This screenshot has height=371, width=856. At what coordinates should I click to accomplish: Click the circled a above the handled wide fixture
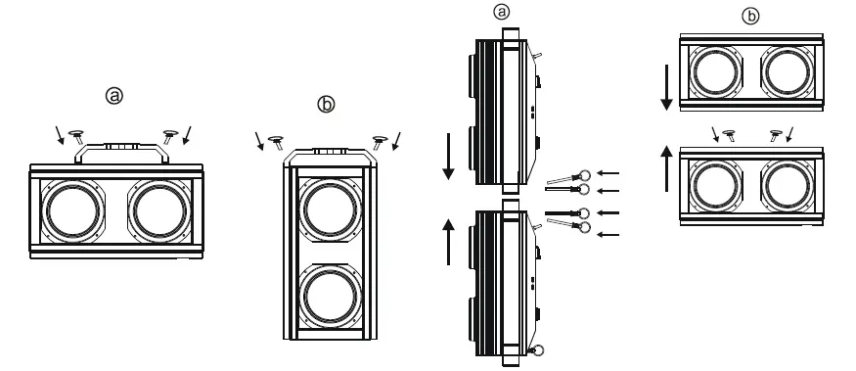pyautogui.click(x=115, y=96)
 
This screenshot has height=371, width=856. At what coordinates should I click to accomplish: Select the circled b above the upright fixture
pyautogui.click(x=327, y=102)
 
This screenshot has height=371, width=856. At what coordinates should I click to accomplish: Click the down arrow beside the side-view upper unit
pyautogui.click(x=449, y=157)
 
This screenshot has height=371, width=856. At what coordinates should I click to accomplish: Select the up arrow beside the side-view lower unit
pyautogui.click(x=449, y=239)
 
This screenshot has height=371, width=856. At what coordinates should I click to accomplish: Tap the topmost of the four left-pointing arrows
pyautogui.click(x=608, y=172)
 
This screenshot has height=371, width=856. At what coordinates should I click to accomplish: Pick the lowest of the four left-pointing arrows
pyautogui.click(x=608, y=233)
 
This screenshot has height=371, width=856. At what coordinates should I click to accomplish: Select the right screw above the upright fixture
pyautogui.click(x=380, y=139)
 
